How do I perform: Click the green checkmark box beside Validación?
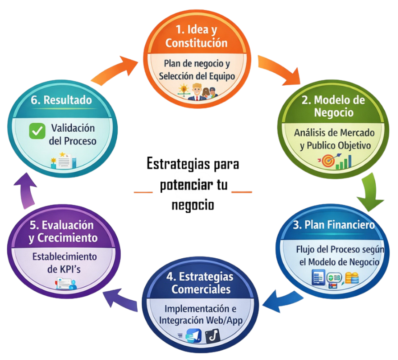click(x=37, y=131)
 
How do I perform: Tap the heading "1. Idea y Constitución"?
click(x=197, y=36)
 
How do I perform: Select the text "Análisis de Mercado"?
click(x=334, y=133)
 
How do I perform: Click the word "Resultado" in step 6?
click(x=67, y=100)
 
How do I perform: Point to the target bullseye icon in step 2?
click(x=328, y=161)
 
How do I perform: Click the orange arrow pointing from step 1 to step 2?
click(x=279, y=69)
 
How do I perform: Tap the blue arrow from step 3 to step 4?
click(x=282, y=302)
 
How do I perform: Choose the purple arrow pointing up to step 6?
click(x=25, y=190)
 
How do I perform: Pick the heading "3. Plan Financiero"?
click(x=334, y=225)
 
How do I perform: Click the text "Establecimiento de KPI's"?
click(x=65, y=263)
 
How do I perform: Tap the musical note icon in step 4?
click(x=213, y=336)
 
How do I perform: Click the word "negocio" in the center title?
click(x=193, y=205)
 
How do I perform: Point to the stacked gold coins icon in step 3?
click(x=352, y=277)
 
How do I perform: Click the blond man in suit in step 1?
click(x=197, y=92)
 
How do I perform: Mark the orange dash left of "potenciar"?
click(x=143, y=192)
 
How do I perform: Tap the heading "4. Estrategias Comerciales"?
click(x=200, y=283)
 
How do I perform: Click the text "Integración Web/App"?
click(x=201, y=321)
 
